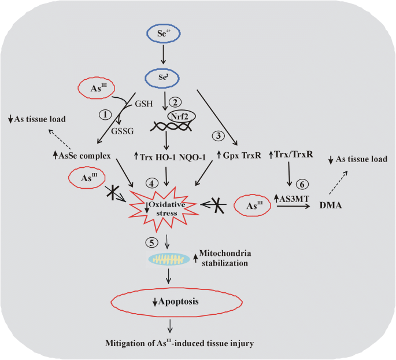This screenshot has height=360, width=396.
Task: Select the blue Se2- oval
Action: coord(164,77)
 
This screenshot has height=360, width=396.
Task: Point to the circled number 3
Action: coord(218,136)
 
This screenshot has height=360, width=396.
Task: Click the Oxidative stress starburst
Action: coord(168,207)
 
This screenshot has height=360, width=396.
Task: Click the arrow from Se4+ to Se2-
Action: coord(164,55)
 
